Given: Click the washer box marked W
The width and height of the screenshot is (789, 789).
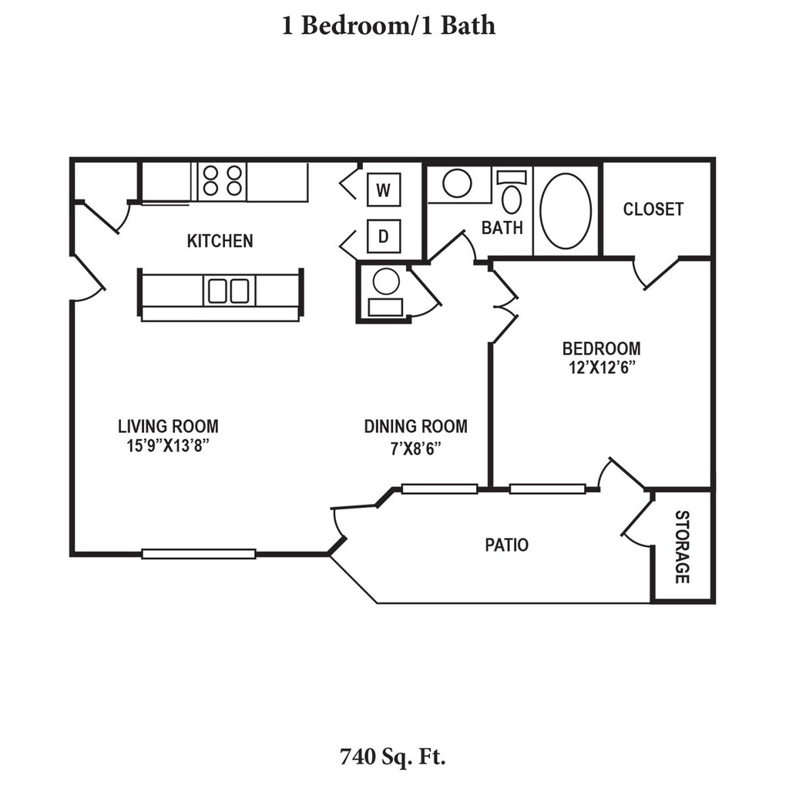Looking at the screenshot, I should pos(384,189).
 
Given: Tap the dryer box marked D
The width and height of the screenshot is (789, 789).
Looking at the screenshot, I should pos(384,237).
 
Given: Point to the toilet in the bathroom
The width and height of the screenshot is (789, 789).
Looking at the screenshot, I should pos(511,193).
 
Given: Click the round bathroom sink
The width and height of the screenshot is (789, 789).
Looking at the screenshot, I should pos(457,183).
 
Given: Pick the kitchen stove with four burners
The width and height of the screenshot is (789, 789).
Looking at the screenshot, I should pos(222,182).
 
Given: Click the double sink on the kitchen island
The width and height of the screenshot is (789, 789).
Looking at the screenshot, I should pos(229,290).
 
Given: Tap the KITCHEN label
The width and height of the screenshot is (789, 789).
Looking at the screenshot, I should pos(220,241).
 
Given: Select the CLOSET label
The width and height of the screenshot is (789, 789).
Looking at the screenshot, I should pos(653,209).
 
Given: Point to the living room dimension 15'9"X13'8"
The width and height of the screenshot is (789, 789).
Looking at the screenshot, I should pos(168,446).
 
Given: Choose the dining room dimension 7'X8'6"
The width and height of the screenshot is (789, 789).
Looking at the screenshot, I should pos(415,447).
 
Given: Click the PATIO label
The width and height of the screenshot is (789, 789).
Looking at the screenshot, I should pos(506,546).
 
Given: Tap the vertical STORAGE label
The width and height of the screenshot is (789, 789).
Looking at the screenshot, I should pos(682,546).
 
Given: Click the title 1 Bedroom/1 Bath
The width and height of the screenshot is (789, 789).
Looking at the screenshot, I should pos(388,26).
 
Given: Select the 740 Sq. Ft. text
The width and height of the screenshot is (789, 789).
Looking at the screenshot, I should pos(393,756).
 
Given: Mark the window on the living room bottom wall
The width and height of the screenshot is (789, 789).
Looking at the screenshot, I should pos(199,553).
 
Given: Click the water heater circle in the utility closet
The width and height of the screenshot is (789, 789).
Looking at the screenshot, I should pos(386,281).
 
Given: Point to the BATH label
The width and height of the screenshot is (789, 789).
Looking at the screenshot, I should pos(502,227).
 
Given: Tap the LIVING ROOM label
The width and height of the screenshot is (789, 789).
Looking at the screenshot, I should pos(168,426).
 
